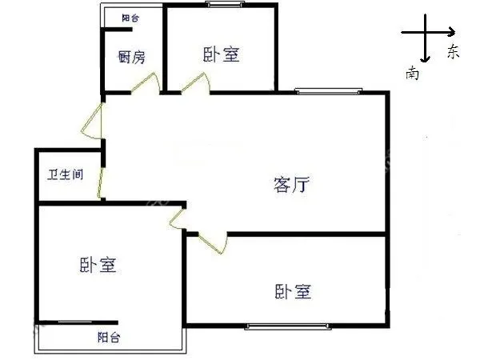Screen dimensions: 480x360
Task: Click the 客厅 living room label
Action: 291,184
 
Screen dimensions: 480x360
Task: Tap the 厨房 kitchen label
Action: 132,57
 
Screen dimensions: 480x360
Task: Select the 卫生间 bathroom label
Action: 66,174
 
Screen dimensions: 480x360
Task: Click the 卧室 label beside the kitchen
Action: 222,54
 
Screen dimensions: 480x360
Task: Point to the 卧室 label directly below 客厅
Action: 293,291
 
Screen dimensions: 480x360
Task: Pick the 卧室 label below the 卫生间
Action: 98,265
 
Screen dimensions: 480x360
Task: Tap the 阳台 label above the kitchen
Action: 130,18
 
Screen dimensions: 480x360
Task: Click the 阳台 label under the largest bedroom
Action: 109,337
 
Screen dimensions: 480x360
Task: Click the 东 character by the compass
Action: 453,51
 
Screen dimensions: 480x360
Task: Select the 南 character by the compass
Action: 412,73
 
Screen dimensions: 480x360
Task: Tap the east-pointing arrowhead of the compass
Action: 452,32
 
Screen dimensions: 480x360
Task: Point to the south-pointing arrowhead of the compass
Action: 425,59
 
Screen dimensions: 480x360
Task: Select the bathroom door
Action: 100,183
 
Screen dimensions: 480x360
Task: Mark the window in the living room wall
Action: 328,90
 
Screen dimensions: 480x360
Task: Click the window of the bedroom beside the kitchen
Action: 226,4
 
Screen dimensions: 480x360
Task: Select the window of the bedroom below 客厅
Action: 288,326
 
